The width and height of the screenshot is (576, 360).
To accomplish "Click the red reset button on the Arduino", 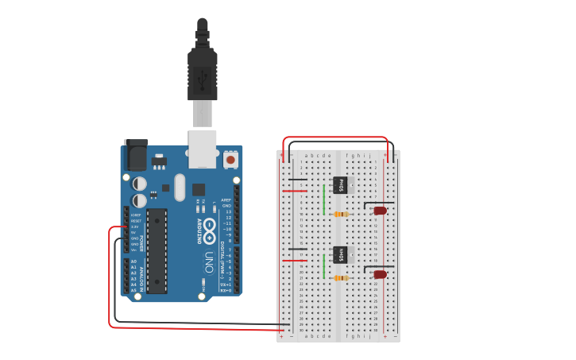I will pos(230,160).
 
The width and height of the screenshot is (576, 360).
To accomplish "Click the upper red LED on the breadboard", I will pos(380,211).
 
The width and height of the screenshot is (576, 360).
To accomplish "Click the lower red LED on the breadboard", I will pos(380,274).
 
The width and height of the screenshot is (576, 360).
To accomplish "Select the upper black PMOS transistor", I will pos(342,184).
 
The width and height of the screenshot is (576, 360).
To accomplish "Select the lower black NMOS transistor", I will pos(342,254).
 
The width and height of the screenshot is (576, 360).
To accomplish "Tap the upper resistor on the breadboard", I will pos(342,214).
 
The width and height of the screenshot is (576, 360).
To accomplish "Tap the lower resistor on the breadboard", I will pos(342,278).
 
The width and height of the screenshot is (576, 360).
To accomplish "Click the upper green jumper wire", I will pos(324,199).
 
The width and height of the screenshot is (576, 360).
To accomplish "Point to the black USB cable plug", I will pos(203,75).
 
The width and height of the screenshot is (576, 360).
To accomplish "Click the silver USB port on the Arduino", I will pos(203,149).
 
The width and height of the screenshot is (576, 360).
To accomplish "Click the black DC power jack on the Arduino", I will pos(136,155).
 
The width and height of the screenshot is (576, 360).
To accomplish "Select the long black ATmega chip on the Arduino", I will pos(157,250).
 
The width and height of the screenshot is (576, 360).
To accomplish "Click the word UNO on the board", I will pos(209,261).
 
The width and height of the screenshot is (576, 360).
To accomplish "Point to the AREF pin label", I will pos(226,200).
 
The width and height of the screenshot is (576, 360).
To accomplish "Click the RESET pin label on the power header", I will pos(136,220).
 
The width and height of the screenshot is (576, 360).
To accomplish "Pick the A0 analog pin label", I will pos(133,261).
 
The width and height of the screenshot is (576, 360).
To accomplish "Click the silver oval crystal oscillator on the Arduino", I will pos(180,188).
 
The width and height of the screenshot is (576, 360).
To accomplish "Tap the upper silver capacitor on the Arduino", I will pos(140,184).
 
